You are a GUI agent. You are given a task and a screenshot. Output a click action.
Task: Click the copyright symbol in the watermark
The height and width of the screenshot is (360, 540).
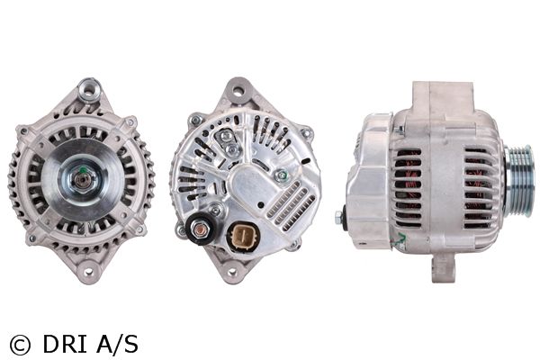pos(20,346)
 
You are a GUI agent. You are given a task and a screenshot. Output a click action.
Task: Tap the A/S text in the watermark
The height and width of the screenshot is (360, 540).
pos(117,344)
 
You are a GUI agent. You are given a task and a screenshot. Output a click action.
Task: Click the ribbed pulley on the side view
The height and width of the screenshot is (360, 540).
pos(519,181)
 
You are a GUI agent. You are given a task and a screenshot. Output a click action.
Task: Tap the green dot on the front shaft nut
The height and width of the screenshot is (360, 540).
pos(82,170)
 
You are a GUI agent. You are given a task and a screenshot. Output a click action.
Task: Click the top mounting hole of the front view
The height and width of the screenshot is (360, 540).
pos(89,89)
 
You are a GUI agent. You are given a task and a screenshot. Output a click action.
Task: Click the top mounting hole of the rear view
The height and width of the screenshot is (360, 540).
pos(238,91)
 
